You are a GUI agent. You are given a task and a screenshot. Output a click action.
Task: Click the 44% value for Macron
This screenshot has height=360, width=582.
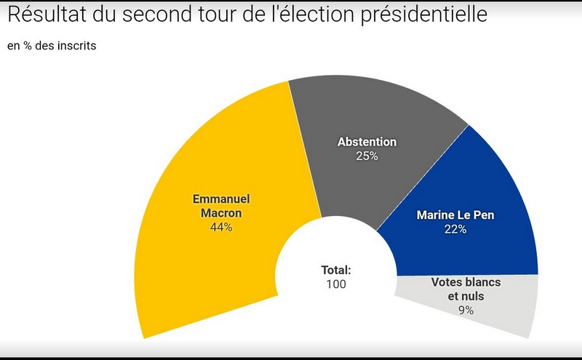click(x=221, y=227)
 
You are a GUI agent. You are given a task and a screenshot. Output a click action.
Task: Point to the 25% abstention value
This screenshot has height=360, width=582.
click(x=367, y=156)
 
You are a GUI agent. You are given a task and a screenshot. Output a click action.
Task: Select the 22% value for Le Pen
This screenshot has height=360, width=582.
click(x=455, y=229)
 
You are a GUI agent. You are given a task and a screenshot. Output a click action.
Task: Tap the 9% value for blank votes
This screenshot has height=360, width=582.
click(x=466, y=311)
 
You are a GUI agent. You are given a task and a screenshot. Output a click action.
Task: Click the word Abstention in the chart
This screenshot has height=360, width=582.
click(x=367, y=142)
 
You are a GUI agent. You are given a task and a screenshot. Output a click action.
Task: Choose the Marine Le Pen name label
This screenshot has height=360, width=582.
click(x=455, y=215)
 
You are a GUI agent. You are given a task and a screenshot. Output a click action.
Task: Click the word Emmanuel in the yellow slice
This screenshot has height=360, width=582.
click(x=221, y=199)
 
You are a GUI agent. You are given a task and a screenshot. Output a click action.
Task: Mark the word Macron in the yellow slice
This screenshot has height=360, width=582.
click(x=221, y=213)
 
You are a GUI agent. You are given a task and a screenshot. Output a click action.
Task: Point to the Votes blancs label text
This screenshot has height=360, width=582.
click(x=466, y=282)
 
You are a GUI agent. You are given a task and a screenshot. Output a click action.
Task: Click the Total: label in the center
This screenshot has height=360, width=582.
click(x=336, y=270)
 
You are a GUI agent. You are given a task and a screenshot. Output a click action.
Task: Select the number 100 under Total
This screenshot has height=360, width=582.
click(x=336, y=284)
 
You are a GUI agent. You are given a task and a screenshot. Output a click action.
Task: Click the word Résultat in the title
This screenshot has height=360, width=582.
click(x=47, y=14)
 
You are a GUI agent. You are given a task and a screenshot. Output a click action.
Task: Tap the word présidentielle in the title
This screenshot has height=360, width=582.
click(x=424, y=15)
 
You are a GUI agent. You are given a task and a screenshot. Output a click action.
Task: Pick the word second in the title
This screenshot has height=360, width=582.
click(x=157, y=15)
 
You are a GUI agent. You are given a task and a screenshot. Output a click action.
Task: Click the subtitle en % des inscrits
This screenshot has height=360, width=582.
click(x=52, y=46)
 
